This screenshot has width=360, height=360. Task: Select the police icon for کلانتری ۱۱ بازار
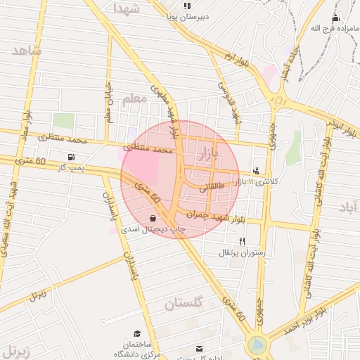255,170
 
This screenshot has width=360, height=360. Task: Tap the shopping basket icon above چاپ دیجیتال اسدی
153,217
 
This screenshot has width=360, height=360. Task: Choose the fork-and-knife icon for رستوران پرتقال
242,241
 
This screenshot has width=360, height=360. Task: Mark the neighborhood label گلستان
183,304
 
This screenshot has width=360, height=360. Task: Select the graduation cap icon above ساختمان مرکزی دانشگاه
139,333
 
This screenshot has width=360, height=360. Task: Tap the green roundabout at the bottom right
257,345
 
